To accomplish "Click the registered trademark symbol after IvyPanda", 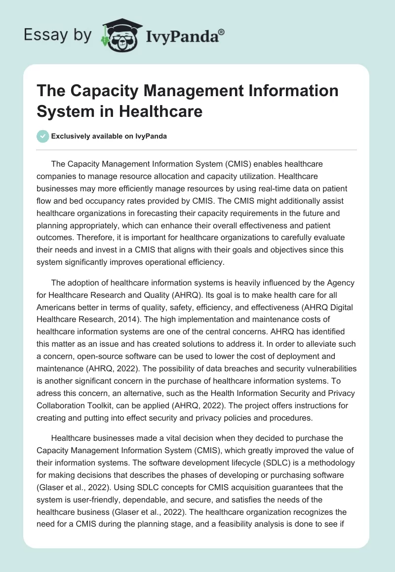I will point(222,32).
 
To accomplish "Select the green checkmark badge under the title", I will point(43,136).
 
